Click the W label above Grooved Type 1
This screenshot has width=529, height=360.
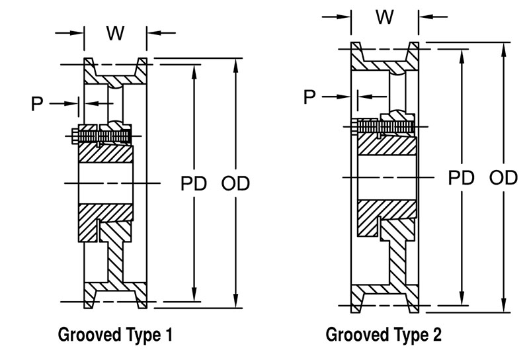(x=115, y=34)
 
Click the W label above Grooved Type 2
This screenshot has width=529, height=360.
(x=385, y=17)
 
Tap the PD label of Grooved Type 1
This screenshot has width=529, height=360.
(x=194, y=183)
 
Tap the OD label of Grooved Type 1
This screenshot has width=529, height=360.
(x=236, y=183)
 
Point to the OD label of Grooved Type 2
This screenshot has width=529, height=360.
(x=504, y=177)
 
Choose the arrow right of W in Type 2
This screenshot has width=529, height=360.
(x=430, y=17)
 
